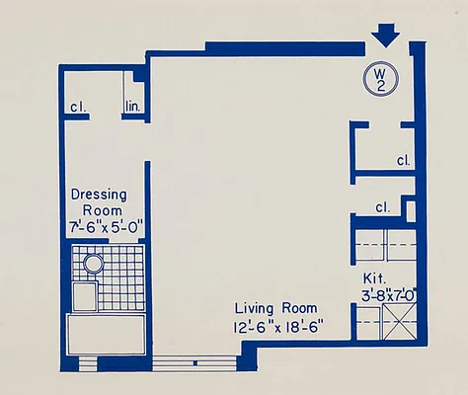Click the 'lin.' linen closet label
(133, 108)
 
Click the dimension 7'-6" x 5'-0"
(107, 226)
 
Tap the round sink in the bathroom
(93, 264)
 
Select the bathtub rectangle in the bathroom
(106, 334)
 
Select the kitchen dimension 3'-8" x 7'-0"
(391, 293)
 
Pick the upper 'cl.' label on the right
(403, 160)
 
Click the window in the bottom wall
(196, 362)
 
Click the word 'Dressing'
(97, 195)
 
